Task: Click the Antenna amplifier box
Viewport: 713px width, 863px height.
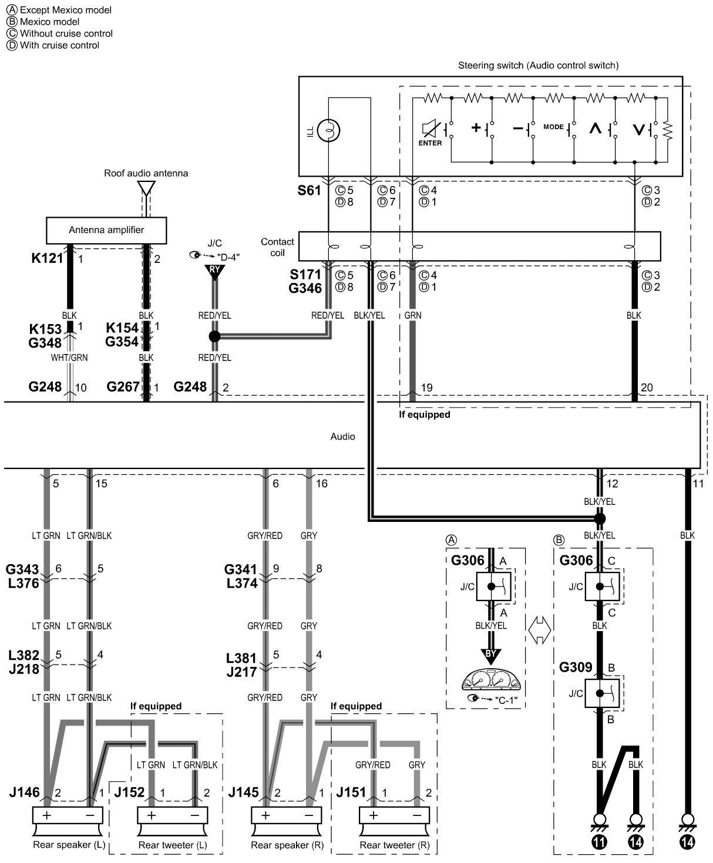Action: point(106,230)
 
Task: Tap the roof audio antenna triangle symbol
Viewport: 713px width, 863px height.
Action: point(146,188)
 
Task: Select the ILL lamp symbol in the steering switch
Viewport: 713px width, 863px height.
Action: point(329,130)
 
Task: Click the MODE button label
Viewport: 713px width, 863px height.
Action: point(553,127)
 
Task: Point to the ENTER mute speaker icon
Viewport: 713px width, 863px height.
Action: point(430,129)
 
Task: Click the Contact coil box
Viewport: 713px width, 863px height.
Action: point(479,247)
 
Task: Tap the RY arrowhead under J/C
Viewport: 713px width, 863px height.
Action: point(214,272)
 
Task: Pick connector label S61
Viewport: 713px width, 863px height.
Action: point(310,191)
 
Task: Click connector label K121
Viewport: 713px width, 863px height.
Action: point(48,258)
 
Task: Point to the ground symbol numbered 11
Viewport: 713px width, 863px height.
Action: point(600,830)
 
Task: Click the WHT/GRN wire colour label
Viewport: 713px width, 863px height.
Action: point(69,358)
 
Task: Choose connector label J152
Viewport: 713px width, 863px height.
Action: point(129,793)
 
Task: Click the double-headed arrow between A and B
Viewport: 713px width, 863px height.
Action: point(539,631)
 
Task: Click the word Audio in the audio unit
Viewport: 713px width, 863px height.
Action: point(342,436)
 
